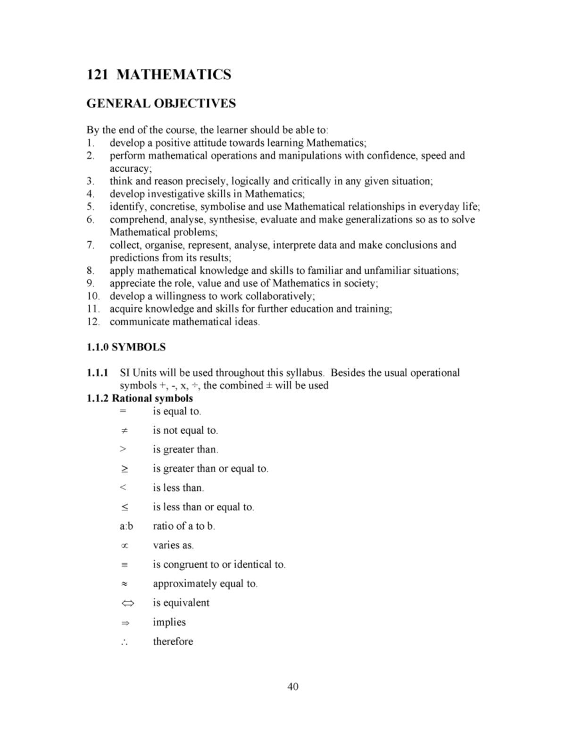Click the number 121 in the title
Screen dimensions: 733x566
pos(98,75)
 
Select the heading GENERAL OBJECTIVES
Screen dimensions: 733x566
pos(161,103)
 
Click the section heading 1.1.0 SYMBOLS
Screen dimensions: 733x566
pos(126,347)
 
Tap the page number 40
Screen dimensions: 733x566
pos(292,686)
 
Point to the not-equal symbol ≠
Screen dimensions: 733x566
pos(124,430)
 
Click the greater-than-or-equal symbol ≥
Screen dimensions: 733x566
pos(124,469)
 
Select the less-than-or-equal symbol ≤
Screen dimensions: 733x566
pos(124,507)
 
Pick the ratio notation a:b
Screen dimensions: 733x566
pos(126,526)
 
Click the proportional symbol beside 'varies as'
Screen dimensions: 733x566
pos(124,546)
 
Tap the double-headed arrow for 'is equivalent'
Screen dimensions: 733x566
pos(126,603)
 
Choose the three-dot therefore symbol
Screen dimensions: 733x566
pos(124,642)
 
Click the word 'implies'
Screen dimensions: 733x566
pos(169,622)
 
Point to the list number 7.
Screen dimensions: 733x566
pos(90,245)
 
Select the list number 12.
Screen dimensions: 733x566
pos(93,322)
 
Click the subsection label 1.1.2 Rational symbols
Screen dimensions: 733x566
pos(140,398)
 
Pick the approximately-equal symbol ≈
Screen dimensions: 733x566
pos(124,584)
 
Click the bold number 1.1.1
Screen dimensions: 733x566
pos(97,373)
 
